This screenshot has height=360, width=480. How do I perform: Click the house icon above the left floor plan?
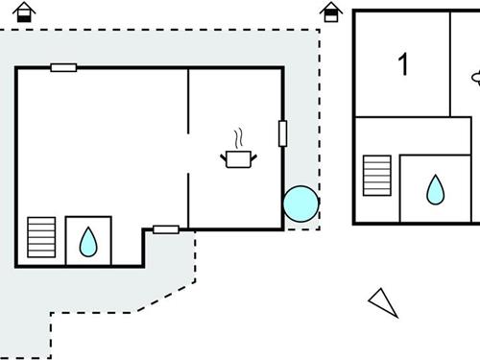[23, 12]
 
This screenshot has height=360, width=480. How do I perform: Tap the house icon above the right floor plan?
[331, 12]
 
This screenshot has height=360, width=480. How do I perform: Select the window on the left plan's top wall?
[64, 67]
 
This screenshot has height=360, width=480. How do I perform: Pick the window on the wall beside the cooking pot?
[282, 133]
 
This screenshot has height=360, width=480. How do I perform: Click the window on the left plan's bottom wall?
[166, 229]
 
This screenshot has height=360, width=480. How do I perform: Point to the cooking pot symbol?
[238, 157]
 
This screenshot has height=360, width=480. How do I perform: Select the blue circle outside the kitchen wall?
[300, 203]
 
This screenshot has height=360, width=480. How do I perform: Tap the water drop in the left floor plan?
[88, 241]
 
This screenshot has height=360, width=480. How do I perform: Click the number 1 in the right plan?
[403, 64]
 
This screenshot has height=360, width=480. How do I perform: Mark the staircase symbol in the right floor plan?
[377, 175]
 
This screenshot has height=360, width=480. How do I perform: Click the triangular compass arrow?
[383, 301]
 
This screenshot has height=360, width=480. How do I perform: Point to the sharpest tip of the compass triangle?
[396, 315]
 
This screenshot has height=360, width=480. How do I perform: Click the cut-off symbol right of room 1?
[476, 75]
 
